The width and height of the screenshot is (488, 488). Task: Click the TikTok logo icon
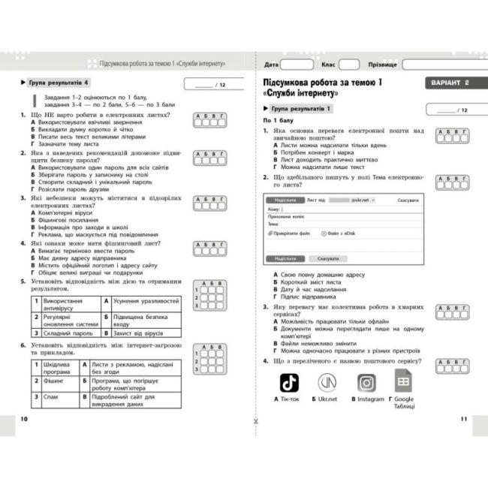coord(290,382)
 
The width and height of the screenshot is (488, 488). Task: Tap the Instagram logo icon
coord(366,382)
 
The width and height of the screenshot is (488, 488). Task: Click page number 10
coord(26,418)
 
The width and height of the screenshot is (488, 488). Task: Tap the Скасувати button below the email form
coord(327,258)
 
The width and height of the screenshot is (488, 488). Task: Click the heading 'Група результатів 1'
coord(300,110)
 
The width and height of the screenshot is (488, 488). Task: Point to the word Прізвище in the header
coord(383,65)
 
